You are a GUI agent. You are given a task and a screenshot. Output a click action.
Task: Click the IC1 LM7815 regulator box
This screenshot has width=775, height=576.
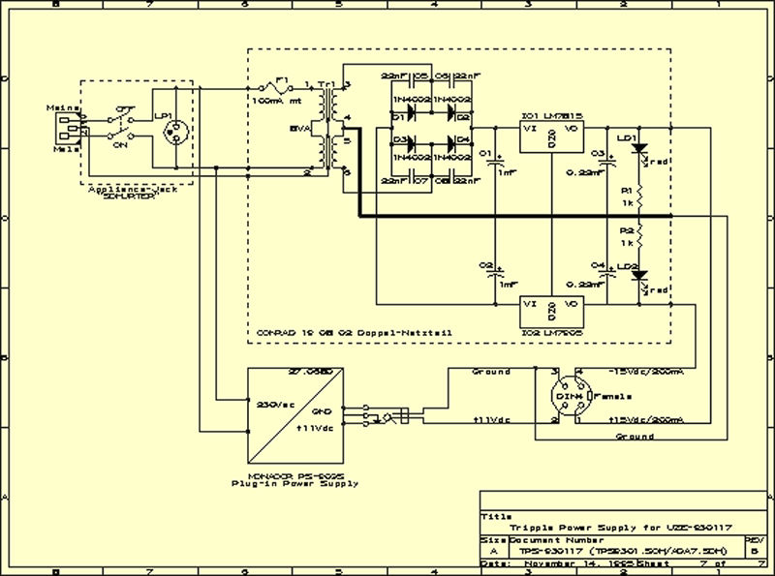coord(549,139)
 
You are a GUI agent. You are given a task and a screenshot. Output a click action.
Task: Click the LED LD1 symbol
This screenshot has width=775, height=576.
coord(637,152)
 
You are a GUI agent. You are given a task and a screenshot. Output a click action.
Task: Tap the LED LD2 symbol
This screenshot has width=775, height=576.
coord(637,278)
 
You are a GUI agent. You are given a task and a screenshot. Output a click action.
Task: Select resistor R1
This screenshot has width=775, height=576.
coord(639,198)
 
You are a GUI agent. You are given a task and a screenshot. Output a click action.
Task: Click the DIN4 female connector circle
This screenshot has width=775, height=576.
coord(566,397)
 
